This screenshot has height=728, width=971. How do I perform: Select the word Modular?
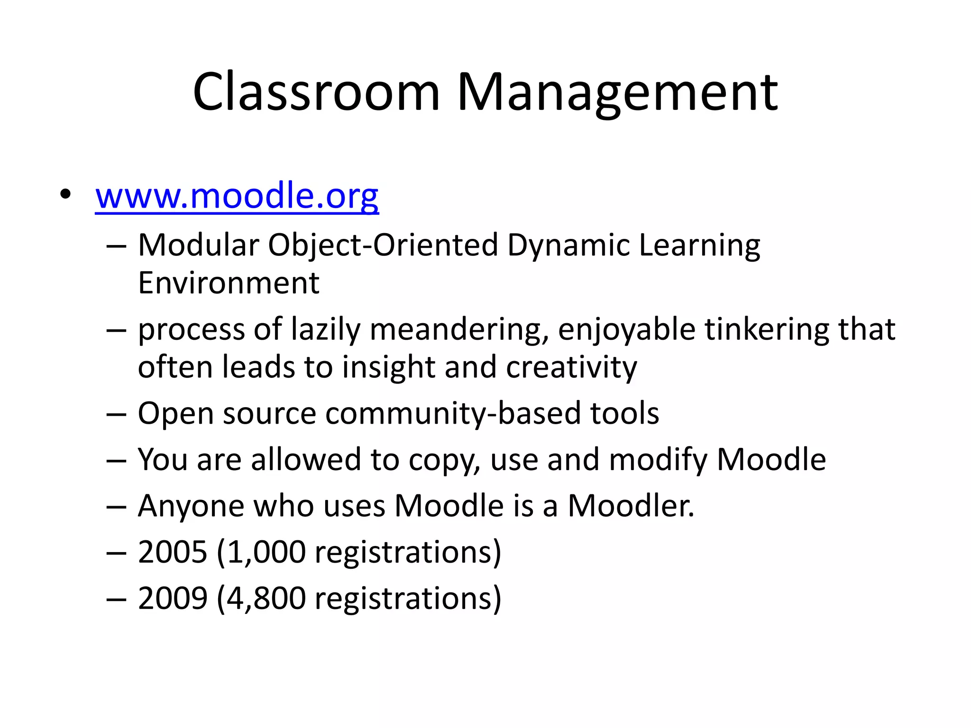(199, 245)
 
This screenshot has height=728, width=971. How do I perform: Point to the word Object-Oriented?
(383, 246)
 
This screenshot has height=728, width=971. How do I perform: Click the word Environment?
(229, 283)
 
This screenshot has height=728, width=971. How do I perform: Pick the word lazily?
(326, 329)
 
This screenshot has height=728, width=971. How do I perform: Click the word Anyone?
(191, 506)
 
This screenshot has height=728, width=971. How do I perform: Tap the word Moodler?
(631, 506)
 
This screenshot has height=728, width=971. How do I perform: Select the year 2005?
(173, 552)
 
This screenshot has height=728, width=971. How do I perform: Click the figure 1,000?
(266, 552)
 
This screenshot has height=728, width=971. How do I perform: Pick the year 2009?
(173, 598)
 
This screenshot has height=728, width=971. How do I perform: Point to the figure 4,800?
(266, 598)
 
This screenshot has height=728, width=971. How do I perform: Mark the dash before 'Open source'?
(116, 414)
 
